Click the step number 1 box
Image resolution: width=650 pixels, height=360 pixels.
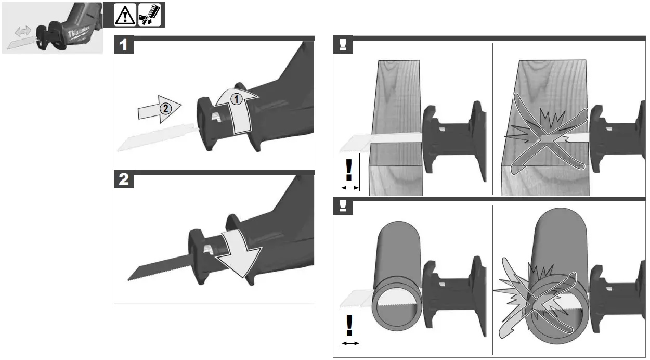click(124, 45)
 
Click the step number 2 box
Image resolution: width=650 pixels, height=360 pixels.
click(124, 180)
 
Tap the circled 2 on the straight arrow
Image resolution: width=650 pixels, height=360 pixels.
click(165, 109)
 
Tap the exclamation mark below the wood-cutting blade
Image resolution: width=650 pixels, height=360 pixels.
click(350, 170)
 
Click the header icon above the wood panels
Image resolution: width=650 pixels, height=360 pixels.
click(343, 45)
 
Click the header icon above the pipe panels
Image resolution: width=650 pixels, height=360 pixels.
click(343, 207)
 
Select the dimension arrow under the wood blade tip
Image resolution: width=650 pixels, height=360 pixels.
click(350, 187)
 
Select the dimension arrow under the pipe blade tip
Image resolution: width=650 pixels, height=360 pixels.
click(350, 343)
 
